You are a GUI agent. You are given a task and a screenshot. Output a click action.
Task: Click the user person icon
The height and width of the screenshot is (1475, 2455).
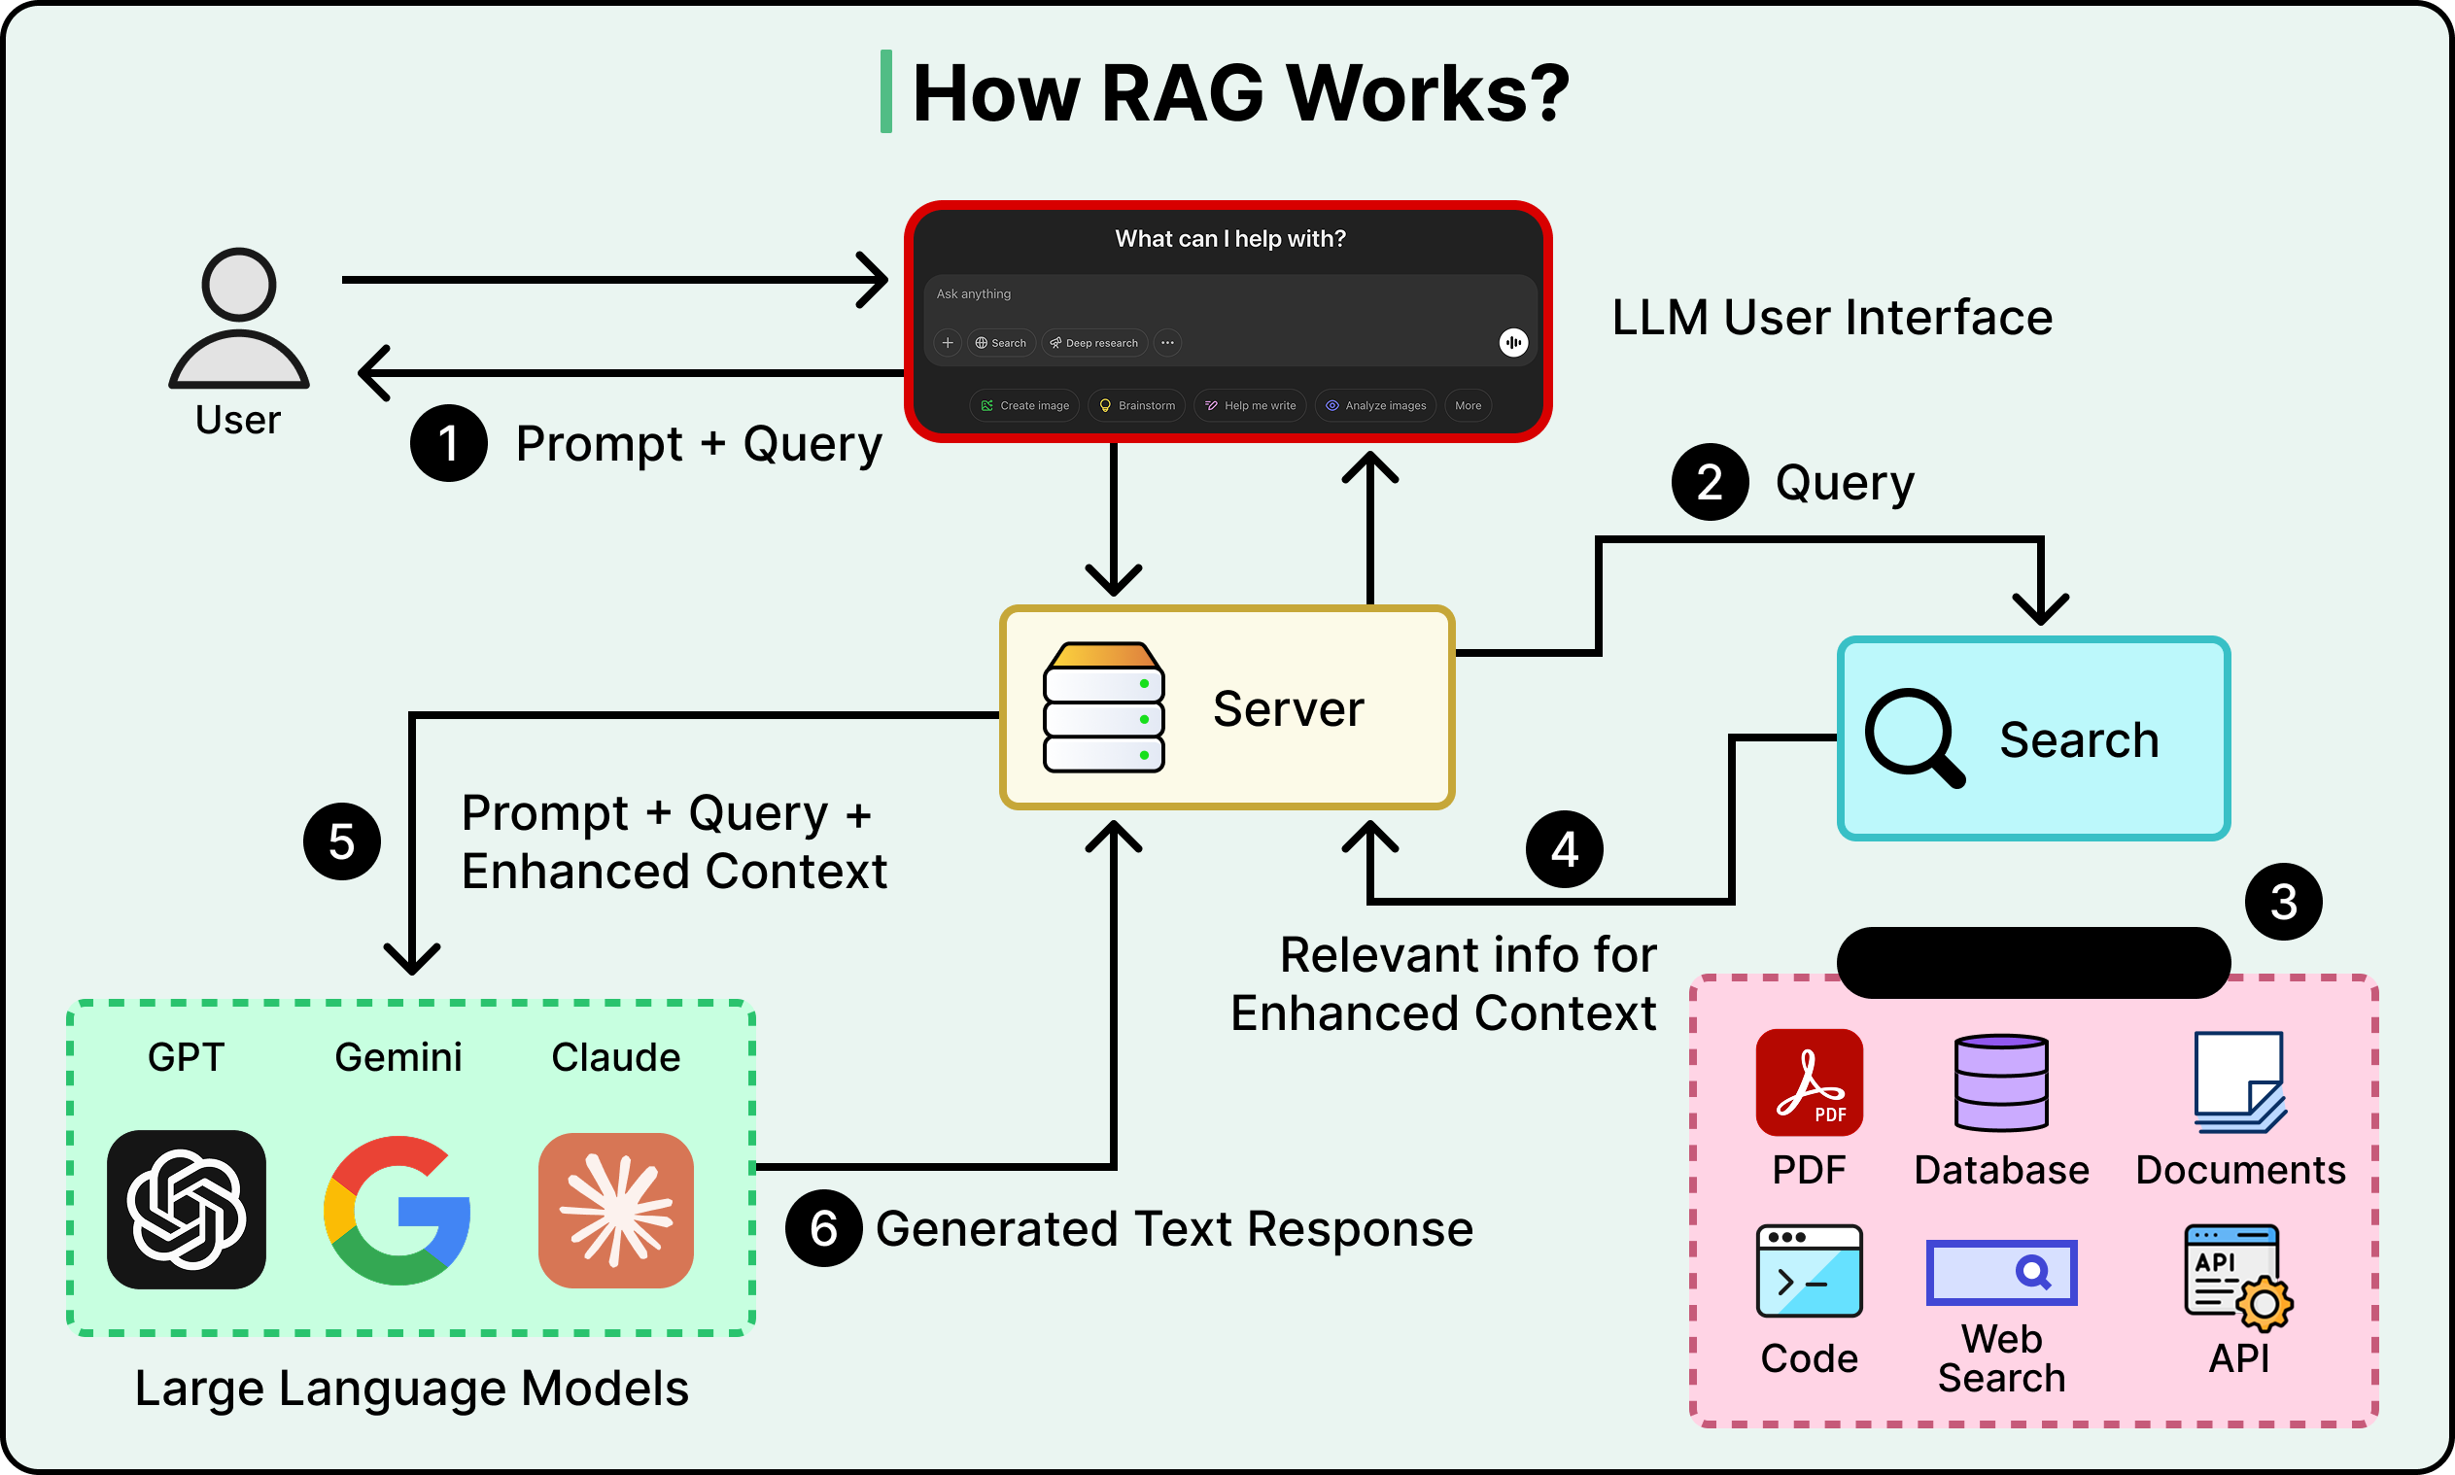[x=238, y=318]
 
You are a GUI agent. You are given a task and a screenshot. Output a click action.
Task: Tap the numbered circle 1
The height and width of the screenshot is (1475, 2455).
[x=448, y=443]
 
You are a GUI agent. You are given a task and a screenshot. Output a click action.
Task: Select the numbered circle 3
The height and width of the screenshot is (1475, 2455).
[x=2283, y=902]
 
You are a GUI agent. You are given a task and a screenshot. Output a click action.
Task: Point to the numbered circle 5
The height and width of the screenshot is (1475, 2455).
[x=341, y=841]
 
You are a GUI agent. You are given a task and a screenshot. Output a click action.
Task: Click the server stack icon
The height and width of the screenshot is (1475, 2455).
[x=1103, y=707]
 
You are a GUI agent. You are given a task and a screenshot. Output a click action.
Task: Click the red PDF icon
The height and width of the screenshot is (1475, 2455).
[x=1809, y=1082]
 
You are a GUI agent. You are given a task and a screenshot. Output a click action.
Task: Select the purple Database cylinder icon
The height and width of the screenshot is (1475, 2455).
[x=2001, y=1082]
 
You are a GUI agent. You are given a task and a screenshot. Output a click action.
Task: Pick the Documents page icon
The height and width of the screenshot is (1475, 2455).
[x=2240, y=1082]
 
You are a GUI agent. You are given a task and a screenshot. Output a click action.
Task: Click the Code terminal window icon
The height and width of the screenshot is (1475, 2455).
[x=1809, y=1271]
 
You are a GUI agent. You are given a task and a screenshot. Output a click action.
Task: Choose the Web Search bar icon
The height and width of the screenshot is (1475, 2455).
[x=2001, y=1272]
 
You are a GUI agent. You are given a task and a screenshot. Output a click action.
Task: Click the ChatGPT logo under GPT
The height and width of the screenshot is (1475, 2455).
[x=187, y=1210]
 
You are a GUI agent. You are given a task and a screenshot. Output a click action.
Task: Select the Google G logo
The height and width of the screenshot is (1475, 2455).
[x=398, y=1210]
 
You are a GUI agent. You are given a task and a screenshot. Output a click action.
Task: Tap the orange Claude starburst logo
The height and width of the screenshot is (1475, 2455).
[x=616, y=1211]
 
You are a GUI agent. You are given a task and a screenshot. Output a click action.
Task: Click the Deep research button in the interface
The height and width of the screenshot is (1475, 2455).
[x=1094, y=343]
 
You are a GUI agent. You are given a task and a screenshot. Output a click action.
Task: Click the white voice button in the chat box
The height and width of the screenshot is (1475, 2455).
[x=1513, y=343]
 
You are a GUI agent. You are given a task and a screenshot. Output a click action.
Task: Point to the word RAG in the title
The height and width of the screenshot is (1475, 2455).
[x=1182, y=93]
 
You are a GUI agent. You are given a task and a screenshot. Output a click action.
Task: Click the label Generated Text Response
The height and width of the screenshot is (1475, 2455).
[x=1174, y=1228]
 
